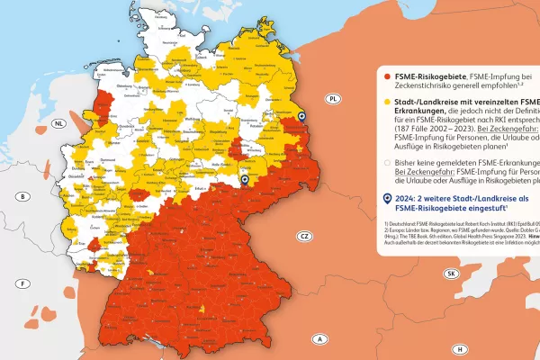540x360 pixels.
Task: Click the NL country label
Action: point(59,123)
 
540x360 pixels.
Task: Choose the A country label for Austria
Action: point(319,339)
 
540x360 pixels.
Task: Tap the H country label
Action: point(459,348)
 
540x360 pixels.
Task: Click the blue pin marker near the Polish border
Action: point(301,116)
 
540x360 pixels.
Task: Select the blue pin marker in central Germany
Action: point(244,180)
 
